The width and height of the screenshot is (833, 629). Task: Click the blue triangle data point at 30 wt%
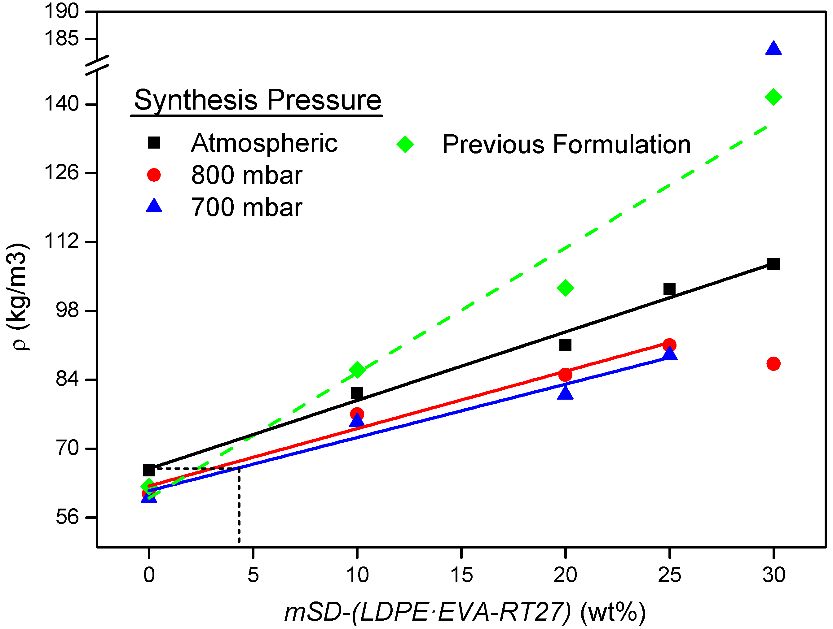click(773, 49)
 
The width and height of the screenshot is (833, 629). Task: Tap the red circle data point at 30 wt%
click(773, 364)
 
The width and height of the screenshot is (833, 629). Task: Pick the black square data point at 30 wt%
click(773, 264)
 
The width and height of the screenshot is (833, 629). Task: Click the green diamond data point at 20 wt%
click(565, 288)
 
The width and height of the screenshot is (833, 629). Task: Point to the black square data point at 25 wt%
click(669, 289)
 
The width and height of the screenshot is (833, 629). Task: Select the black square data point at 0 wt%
click(149, 470)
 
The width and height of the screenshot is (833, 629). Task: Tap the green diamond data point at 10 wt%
click(357, 370)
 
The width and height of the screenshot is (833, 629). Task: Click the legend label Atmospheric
click(264, 143)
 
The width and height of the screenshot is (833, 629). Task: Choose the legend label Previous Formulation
click(566, 145)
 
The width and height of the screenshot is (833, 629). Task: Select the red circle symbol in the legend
click(154, 175)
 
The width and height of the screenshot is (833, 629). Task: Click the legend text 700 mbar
click(247, 207)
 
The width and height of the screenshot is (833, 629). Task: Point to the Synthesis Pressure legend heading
click(258, 100)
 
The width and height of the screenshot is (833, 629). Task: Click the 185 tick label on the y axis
click(62, 38)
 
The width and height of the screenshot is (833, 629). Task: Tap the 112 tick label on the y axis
click(62, 241)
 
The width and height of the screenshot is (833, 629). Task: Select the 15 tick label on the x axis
click(461, 575)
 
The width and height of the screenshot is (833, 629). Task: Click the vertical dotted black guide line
click(239, 506)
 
